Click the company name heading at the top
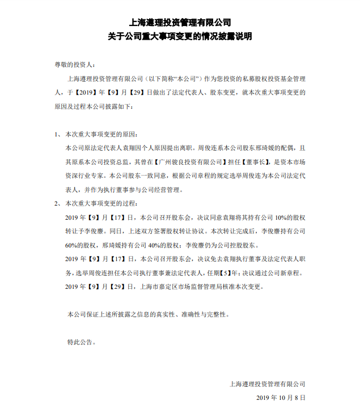coord(180,23)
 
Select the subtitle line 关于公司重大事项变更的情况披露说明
coord(180,36)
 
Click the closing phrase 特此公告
coord(82,342)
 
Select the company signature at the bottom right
coord(267,383)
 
